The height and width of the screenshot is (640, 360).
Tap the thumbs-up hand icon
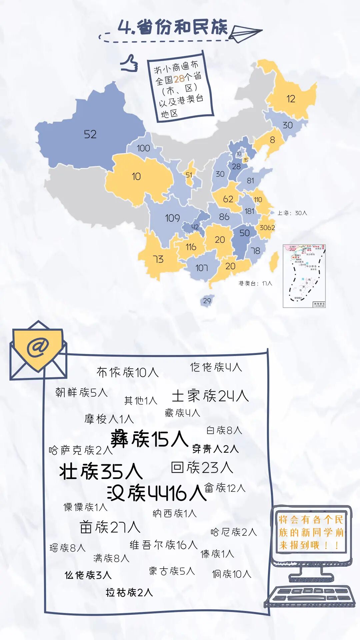pos(130,63)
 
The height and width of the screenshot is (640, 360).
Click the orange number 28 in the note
pos(179,79)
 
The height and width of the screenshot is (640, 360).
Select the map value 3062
pos(267,228)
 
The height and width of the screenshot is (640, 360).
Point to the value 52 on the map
pos(90,134)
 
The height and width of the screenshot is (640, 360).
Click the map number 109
pos(172,218)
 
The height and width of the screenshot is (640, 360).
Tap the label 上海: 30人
pos(292,213)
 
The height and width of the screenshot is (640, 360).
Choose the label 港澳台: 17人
pos(255,283)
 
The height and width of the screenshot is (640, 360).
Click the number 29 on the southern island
pos(207,301)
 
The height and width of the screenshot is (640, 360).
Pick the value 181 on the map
pos(249,211)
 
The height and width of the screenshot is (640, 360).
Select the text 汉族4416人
pos(157,493)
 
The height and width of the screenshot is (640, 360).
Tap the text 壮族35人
pos(101,472)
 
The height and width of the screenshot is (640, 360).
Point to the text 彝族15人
pos(149,439)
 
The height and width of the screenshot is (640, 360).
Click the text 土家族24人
pos(210,396)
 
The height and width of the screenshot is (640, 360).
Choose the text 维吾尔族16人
pos(163,545)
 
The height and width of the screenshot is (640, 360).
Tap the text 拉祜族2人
pos(129,593)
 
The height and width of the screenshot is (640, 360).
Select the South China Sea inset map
pos(304,276)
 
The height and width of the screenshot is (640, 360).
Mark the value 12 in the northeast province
pos(291,99)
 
